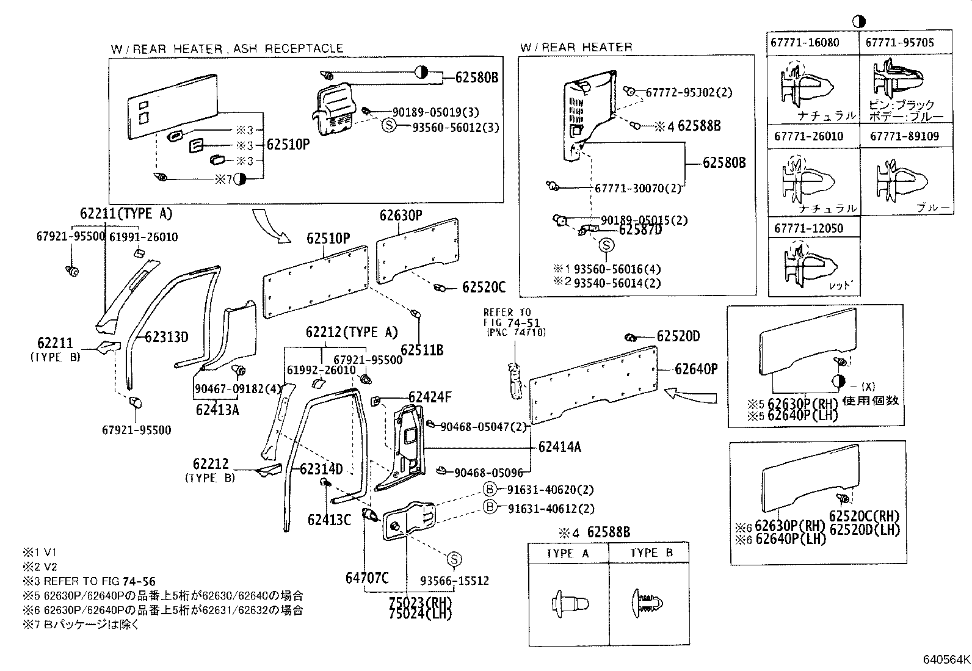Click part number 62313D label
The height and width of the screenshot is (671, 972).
[167, 338]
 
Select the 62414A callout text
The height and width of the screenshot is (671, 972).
[560, 447]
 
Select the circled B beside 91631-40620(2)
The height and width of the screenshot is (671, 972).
[490, 489]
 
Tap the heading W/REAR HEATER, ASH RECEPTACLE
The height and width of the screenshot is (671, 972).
[227, 48]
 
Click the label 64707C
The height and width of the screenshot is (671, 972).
[367, 577]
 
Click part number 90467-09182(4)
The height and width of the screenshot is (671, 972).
[230, 389]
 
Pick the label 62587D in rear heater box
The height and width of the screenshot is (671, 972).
[640, 230]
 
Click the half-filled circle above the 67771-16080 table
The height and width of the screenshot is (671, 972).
[859, 21]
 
